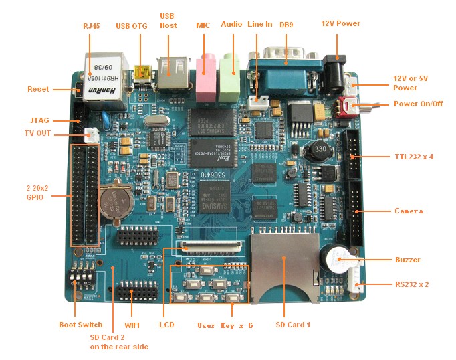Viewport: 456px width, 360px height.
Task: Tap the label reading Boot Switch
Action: pos(81,325)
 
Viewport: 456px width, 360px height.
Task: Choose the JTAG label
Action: pos(39,120)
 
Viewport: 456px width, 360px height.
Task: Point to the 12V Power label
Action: pos(341,24)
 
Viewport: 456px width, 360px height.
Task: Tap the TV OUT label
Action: pos(37,133)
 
